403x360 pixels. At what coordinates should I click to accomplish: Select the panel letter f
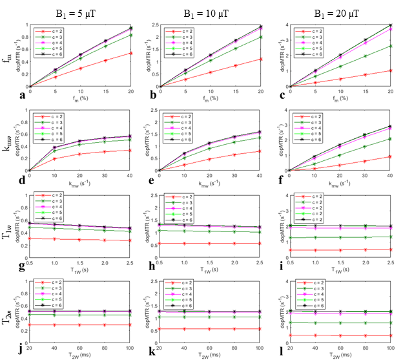[x=275, y=180]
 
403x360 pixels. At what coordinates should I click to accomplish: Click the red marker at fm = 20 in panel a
[x=131, y=53]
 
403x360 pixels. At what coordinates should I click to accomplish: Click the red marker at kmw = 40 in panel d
[x=131, y=150]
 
